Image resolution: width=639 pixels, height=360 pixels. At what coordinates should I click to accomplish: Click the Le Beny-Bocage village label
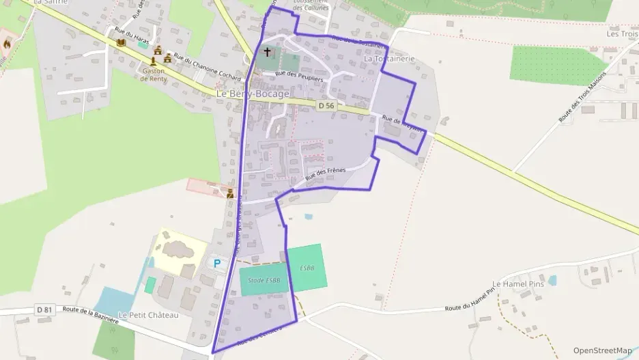pos(253,94)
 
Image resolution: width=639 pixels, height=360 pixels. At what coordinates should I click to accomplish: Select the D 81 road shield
pos(44,310)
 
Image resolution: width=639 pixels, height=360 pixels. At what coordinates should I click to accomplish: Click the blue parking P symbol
pos(218,263)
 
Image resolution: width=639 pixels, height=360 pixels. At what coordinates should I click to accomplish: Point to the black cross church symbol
pos(267,52)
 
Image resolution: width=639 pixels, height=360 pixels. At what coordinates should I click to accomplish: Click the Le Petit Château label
pos(148,315)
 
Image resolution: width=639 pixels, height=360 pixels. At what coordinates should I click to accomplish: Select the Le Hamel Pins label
pos(517,283)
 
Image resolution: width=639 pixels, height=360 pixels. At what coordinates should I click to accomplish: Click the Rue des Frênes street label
pos(326,174)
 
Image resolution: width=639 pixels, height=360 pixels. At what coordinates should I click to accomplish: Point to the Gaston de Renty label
pos(153,74)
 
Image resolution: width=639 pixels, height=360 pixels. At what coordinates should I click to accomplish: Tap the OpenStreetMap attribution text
pos(602,350)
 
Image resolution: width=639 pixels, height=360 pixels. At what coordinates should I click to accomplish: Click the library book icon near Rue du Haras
pos(121,43)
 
